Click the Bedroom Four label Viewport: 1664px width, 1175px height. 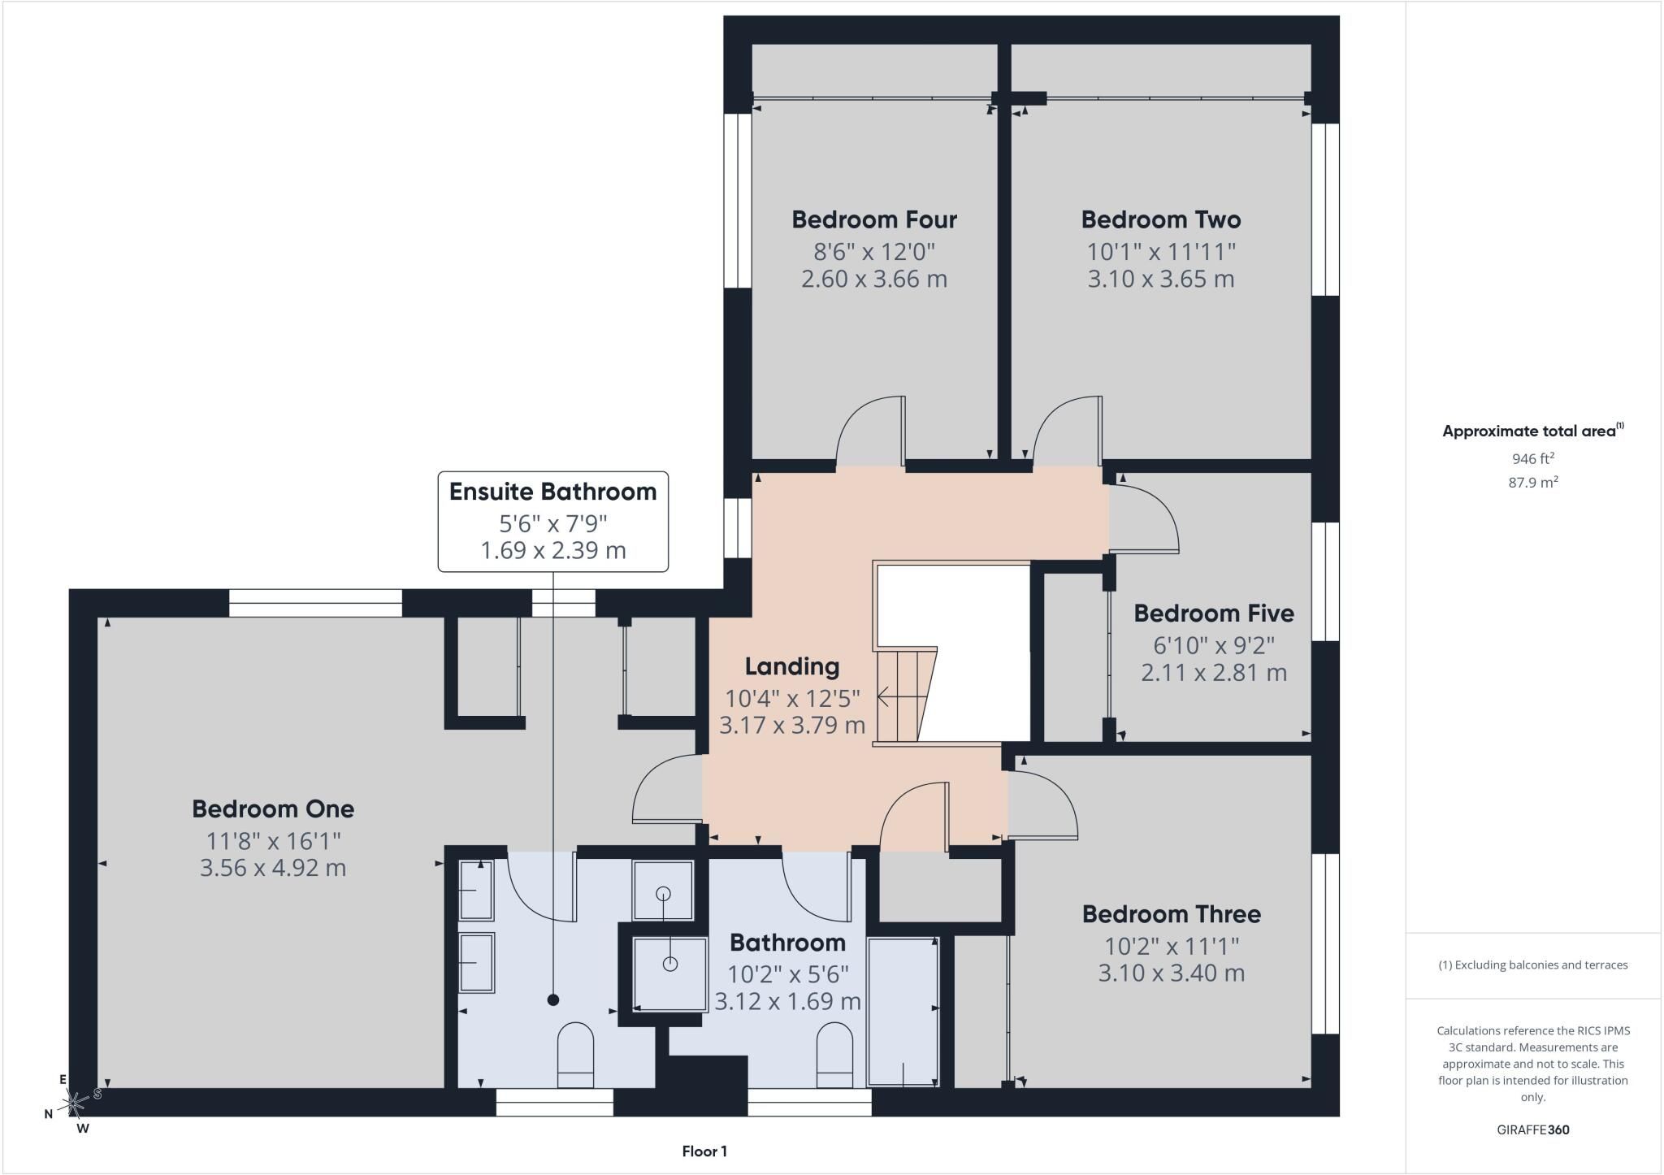coord(874,219)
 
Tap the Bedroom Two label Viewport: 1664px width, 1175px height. coord(1161,219)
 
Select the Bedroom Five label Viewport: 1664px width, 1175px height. coord(1214,613)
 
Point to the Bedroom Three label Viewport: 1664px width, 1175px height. coord(1172,914)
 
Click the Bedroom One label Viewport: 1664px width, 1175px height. coord(273,809)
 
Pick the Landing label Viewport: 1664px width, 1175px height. coord(792,666)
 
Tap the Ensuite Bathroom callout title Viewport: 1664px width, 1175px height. coord(552,492)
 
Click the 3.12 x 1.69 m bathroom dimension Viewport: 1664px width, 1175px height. coord(787,1001)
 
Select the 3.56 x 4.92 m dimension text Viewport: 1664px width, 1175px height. coord(273,868)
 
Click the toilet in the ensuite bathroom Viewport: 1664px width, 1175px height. coord(575,1055)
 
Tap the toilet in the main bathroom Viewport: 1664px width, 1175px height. coord(834,1055)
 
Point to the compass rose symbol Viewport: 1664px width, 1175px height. coord(75,1103)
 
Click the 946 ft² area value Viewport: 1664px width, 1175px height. coord(1533,457)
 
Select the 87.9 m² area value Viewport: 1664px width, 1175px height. coord(1533,482)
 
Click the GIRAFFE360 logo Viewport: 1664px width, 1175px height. coord(1533,1129)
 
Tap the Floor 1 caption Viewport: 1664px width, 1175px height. coord(704,1151)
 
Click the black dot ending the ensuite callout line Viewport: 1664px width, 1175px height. coord(553,1000)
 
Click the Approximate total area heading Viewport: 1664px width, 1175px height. coord(1533,431)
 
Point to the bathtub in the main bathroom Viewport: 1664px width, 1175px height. coord(903,1012)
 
